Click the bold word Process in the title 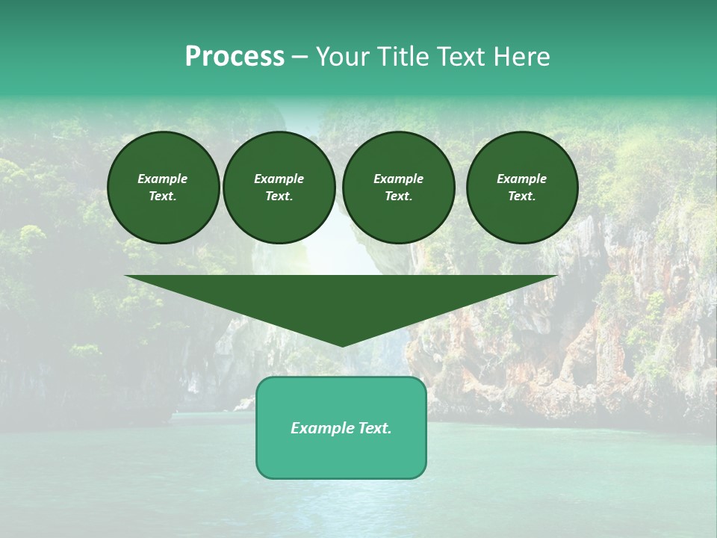[x=235, y=57]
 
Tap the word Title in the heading [x=401, y=57]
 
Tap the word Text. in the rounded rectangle [x=375, y=428]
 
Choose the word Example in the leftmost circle [x=163, y=179]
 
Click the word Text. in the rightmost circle [x=521, y=196]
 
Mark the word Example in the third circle [x=398, y=179]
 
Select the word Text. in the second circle [x=279, y=196]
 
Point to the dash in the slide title [x=299, y=58]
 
